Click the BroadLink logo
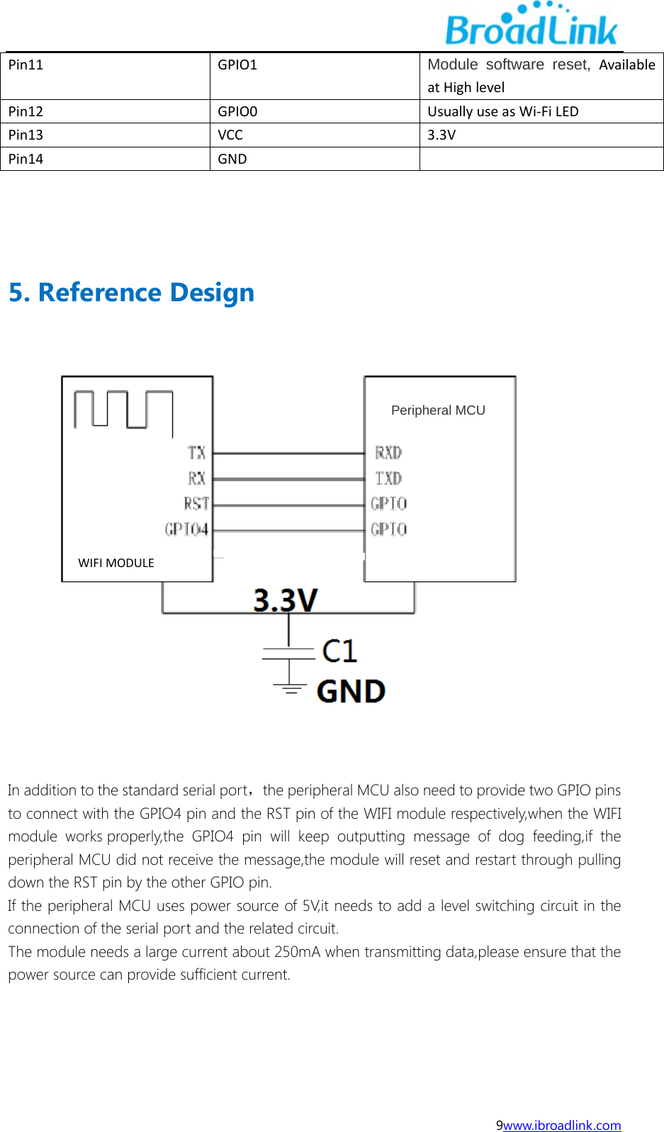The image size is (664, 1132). tap(531, 26)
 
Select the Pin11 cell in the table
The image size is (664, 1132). tap(26, 65)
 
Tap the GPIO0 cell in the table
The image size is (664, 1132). tap(237, 111)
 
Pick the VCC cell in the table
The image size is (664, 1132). tap(230, 135)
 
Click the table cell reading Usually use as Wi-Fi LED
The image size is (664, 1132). tap(502, 111)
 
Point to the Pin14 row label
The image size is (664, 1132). tap(26, 159)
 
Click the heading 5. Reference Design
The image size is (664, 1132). tap(131, 292)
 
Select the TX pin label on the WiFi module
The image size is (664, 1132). tap(196, 452)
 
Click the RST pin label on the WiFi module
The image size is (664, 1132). tap(196, 503)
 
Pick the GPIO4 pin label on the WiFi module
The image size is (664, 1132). tap(186, 529)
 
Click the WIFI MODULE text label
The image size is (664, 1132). tap(116, 563)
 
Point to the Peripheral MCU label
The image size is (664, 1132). tap(438, 410)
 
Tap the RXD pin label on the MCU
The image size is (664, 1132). tap(388, 452)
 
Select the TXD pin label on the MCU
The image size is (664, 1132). tap(388, 478)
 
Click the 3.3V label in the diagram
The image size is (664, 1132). tap(286, 600)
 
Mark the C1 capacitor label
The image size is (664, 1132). tap(339, 651)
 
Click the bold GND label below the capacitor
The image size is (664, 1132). tap(351, 691)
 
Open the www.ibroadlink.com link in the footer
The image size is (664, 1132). tap(562, 1125)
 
